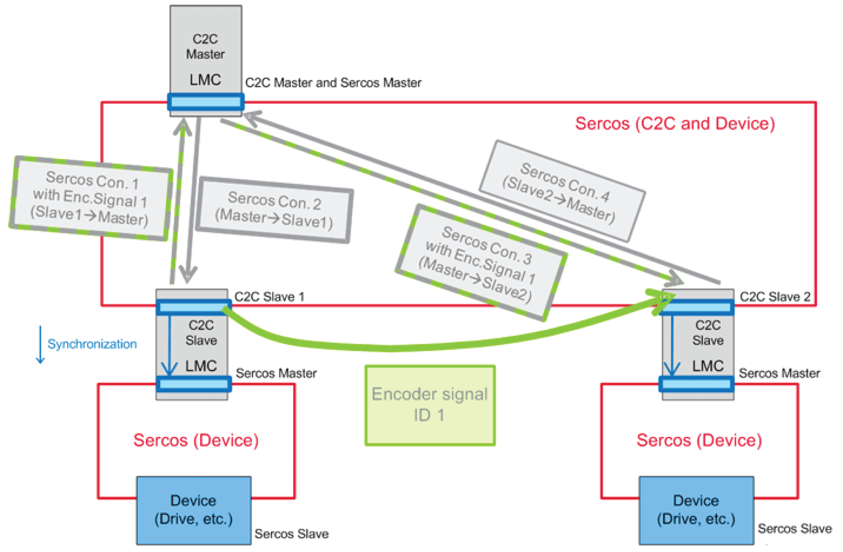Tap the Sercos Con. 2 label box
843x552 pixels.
click(x=275, y=210)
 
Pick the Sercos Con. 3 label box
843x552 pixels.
click(x=481, y=262)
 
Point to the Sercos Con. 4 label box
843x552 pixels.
click(x=562, y=190)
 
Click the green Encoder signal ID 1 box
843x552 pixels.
click(x=430, y=405)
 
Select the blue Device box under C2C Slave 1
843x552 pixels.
click(x=194, y=510)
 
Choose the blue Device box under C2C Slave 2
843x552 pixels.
click(x=696, y=510)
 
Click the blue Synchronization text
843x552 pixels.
click(x=92, y=344)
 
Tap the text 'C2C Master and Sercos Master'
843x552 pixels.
click(x=333, y=83)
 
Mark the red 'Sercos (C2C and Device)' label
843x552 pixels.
click(x=675, y=124)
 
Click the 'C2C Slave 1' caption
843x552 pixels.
click(x=269, y=297)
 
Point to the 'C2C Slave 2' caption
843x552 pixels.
click(x=775, y=297)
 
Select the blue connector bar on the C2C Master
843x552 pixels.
click(x=206, y=102)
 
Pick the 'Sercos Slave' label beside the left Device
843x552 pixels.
click(x=292, y=534)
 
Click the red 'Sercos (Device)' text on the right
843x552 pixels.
click(x=699, y=441)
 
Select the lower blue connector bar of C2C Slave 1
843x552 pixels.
click(x=194, y=384)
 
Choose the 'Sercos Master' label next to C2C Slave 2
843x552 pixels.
click(x=779, y=373)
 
